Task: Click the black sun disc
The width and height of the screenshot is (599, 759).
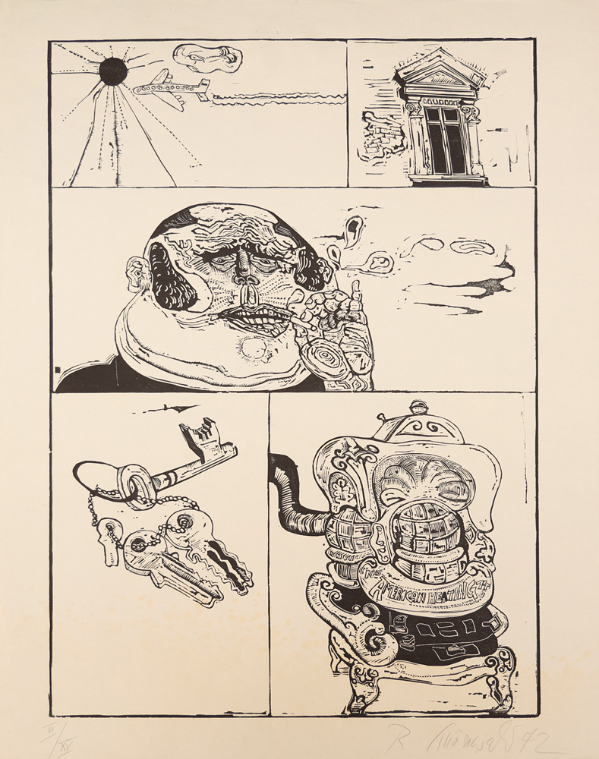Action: click(113, 71)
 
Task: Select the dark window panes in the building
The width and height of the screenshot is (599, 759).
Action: click(445, 140)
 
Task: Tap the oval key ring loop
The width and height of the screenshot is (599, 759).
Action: click(106, 475)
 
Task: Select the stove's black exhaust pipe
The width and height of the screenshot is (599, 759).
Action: click(292, 493)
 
